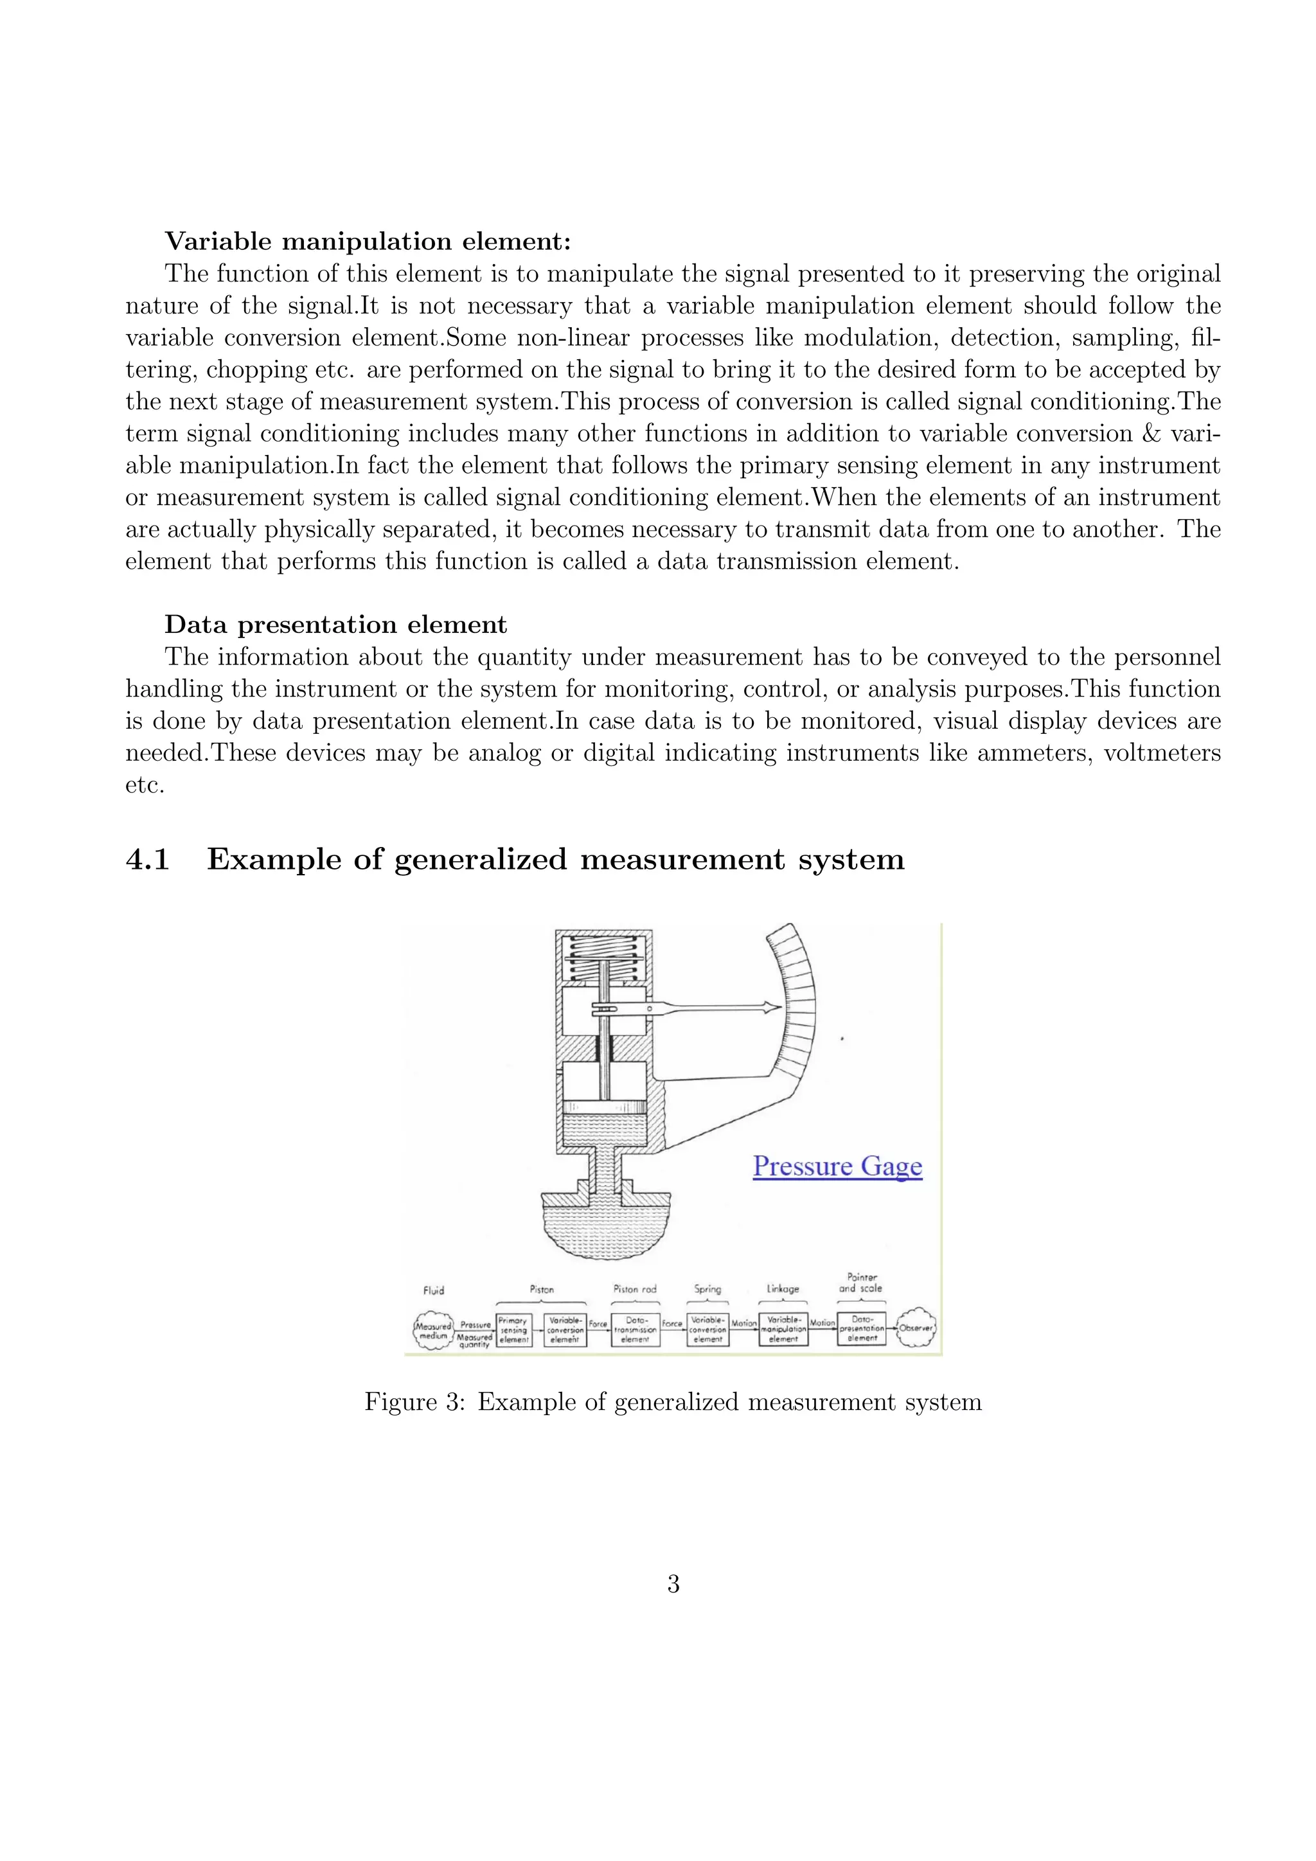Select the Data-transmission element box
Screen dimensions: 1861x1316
coord(636,1330)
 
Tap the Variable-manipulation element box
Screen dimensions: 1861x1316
coord(783,1330)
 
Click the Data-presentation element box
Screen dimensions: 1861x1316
coord(862,1330)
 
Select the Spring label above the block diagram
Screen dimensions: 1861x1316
coord(707,1289)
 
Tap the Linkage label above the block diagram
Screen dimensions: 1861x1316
coord(783,1289)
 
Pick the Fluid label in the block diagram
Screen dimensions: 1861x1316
coord(434,1290)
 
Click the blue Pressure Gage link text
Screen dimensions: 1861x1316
coord(837,1166)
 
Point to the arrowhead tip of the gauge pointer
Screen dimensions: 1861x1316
coord(779,1008)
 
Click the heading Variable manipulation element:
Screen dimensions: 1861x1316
coord(368,241)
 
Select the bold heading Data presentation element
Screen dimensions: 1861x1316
coord(335,625)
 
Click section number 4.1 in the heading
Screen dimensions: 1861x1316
coord(148,859)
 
